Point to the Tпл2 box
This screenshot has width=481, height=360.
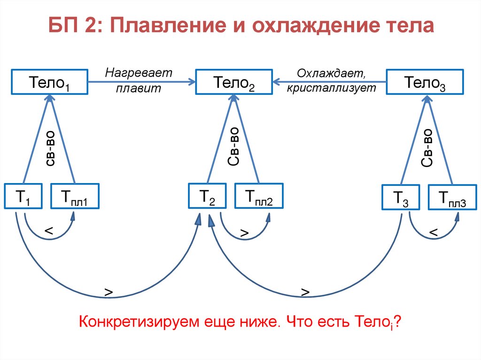[x=258, y=196]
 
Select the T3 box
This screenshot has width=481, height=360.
[x=399, y=198]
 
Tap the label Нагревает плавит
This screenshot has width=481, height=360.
[x=139, y=81]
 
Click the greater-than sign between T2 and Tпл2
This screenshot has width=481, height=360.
[x=244, y=233]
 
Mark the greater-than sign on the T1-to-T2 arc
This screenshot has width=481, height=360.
[x=109, y=292]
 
